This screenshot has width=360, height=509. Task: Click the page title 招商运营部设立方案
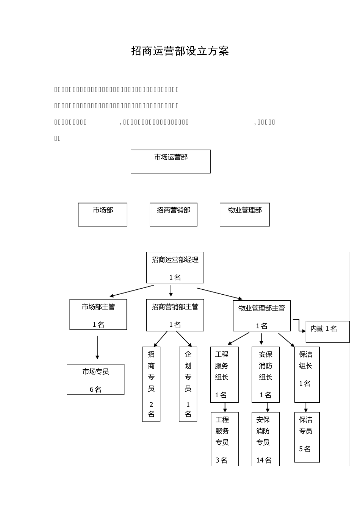180,51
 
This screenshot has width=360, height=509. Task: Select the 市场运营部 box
171,161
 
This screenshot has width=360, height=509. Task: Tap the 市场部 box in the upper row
103,214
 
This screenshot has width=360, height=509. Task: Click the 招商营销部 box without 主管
174,214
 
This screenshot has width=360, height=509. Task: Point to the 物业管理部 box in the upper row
245,214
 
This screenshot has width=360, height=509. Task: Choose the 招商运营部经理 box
175,267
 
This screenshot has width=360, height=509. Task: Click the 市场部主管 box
98,314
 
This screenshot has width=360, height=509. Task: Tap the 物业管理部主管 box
261,316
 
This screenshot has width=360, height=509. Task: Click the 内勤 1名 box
327,331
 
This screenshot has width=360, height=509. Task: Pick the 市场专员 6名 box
95,379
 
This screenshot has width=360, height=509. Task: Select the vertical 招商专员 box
151,384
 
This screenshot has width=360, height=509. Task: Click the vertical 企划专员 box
188,384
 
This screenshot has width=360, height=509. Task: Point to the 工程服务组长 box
224,374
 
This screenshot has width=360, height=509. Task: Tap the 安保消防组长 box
266,374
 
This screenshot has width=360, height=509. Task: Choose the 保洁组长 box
307,374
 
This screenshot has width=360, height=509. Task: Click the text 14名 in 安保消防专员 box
264,460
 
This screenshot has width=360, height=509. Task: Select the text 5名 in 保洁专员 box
305,449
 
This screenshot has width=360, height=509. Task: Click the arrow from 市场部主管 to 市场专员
97,347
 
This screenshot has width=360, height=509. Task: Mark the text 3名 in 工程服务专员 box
222,460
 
